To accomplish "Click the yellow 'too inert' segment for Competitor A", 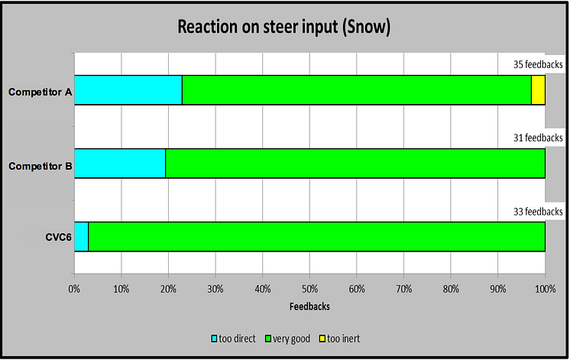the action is click(539, 90).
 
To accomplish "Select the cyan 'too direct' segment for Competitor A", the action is click(128, 90).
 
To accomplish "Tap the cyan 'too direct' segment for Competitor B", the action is click(120, 164).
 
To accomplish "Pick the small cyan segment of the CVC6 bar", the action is click(82, 237).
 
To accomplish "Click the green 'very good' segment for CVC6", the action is click(316, 237).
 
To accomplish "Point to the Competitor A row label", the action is click(40, 92).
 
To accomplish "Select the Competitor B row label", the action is click(40, 166).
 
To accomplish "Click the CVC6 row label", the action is click(59, 238).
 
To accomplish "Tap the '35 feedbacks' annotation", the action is click(538, 64).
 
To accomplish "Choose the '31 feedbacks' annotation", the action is click(538, 138).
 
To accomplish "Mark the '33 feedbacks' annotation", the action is click(538, 212).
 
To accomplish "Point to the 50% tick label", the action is click(309, 289).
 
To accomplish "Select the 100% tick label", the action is click(546, 289).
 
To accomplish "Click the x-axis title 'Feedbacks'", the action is click(309, 306).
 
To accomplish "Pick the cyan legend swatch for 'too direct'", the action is click(214, 339).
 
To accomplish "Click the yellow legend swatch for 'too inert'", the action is click(322, 339).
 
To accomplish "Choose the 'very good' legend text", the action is click(292, 339).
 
